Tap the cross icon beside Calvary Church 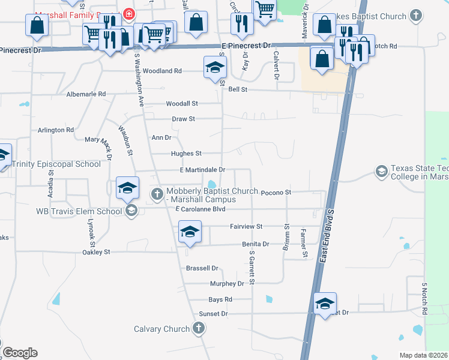pos(199,328)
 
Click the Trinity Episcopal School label pos(56,164)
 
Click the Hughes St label pos(186,154)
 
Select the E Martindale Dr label pos(201,170)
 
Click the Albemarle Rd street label pos(86,94)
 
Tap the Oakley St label pos(96,253)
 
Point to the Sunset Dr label pos(213,314)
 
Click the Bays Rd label pos(220,299)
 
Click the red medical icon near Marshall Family pos(128,13)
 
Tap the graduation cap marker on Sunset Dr pos(325,304)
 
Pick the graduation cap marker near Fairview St pos(189,232)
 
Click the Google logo pos(20,353)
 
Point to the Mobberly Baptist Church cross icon pos(157,193)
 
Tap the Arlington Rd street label pos(56,130)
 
